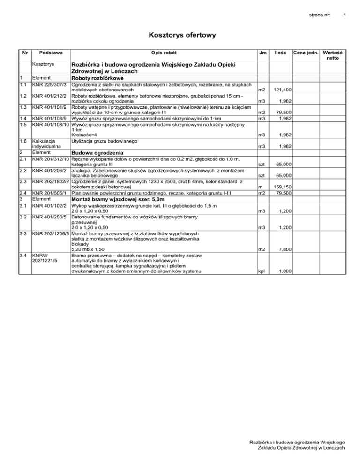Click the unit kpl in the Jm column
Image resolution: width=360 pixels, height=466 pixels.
(262, 271)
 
